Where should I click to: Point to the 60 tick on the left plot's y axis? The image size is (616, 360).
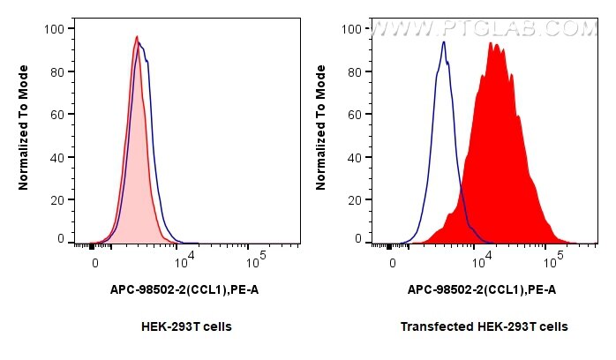point(56,115)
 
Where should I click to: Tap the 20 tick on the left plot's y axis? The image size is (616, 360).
point(56,200)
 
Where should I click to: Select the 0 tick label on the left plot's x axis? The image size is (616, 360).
point(94,263)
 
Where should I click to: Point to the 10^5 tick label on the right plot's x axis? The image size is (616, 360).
point(553,262)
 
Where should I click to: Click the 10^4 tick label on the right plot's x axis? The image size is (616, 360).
point(481,262)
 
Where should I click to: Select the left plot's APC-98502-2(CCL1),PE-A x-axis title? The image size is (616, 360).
point(184,289)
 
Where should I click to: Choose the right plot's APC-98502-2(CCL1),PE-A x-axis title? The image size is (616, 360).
point(482,289)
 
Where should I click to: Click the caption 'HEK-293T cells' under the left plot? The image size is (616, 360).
point(186,326)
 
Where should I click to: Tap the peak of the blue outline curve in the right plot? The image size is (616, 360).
point(444,41)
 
